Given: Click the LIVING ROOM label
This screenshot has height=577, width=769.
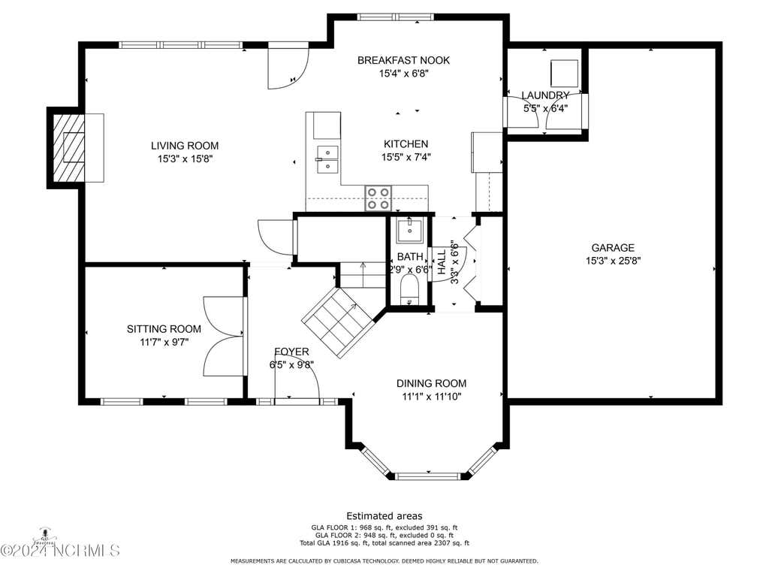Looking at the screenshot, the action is pos(185,146).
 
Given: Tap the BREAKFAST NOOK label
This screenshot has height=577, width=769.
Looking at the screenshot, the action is pos(403,60).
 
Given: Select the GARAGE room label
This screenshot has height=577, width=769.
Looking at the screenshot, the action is pos(613,248).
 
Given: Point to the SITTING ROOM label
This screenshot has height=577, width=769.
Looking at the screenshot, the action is pos(164,329).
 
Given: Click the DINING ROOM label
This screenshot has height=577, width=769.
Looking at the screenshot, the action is pos(431,383).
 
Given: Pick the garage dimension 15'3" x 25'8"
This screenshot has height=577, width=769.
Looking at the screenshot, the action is pos(613,261).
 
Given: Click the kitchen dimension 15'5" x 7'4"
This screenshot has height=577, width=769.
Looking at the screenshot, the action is pos(406,157).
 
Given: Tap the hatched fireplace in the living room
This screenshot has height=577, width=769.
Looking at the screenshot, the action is pos(68,148).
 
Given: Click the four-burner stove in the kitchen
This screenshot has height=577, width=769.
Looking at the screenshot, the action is pos(378,198).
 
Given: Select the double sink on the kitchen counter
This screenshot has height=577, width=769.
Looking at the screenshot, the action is pos(327,160).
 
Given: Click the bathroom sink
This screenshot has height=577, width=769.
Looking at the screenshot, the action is pos(409,231).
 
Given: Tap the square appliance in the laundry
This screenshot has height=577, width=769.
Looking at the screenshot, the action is pos(565,74).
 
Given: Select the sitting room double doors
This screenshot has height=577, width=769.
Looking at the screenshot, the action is pos(224,336).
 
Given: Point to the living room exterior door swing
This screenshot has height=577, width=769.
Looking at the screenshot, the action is pos(288,66).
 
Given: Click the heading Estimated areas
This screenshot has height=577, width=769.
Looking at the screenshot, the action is pos(384,515).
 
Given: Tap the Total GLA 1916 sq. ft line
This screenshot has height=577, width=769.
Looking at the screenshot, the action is pos(384,543).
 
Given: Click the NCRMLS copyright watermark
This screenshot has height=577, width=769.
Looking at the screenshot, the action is pos(60,550).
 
